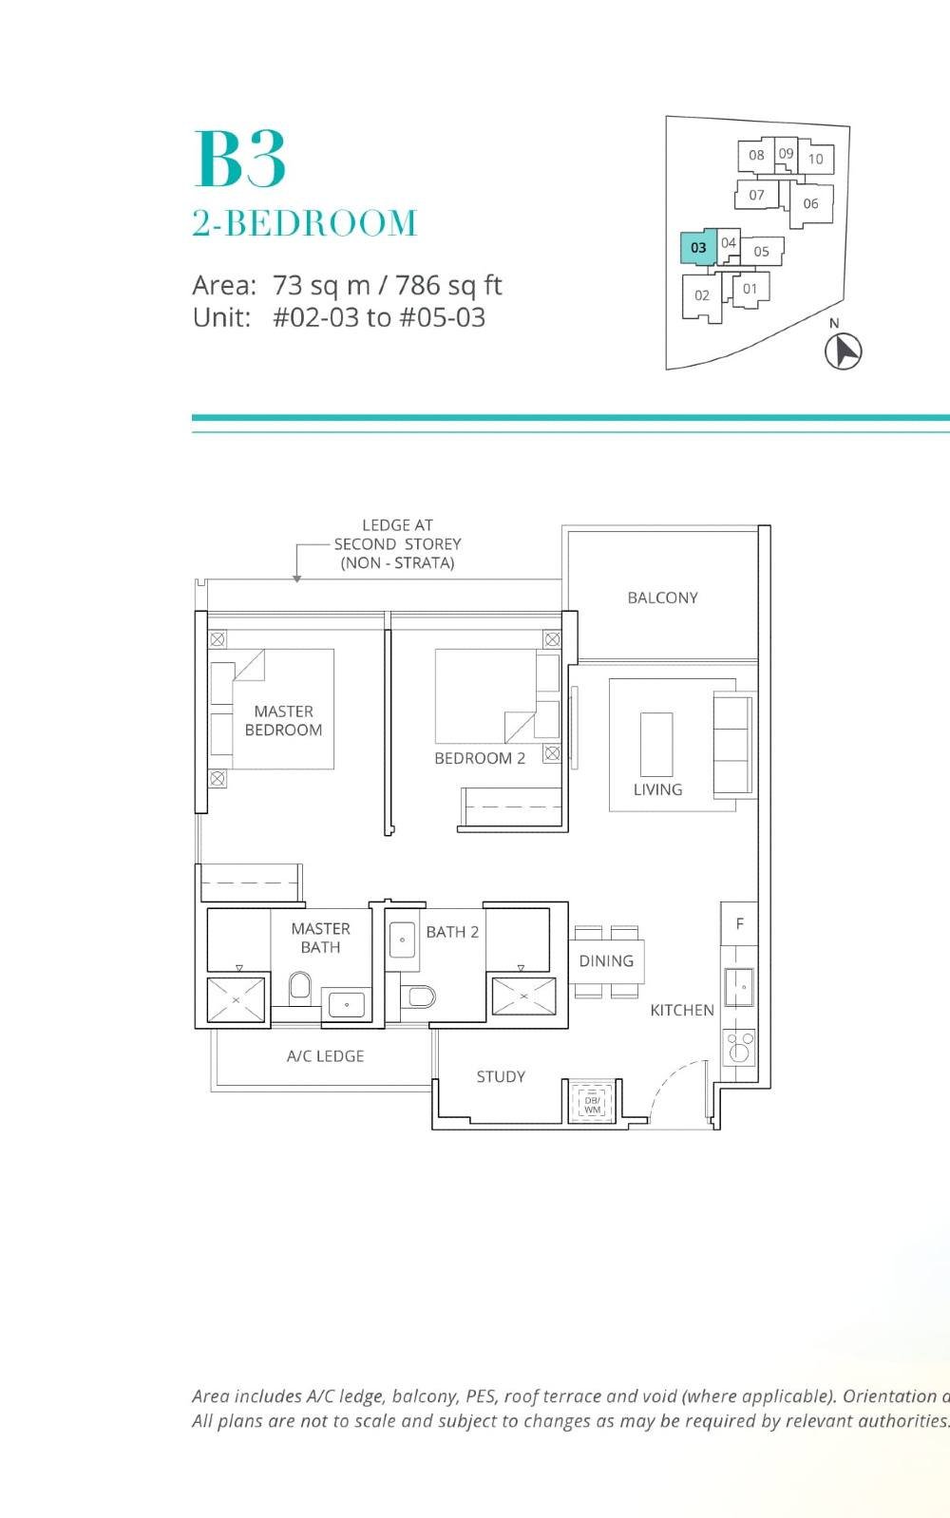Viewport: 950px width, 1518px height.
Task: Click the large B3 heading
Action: [x=239, y=161]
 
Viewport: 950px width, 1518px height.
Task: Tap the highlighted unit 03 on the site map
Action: [x=698, y=247]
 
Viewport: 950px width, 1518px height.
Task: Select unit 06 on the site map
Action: [x=810, y=203]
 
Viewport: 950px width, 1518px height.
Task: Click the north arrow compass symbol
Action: [x=842, y=351]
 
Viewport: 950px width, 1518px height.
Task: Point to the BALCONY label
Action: [x=662, y=598]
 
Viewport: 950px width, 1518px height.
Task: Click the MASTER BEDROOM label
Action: [x=283, y=720]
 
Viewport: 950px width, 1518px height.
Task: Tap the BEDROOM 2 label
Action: [x=480, y=758]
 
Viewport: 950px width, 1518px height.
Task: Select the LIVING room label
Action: [x=657, y=789]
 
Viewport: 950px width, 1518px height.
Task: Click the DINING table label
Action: [x=606, y=960]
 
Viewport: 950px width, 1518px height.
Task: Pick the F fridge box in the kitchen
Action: [x=739, y=923]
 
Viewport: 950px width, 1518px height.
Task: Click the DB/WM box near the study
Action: [x=592, y=1105]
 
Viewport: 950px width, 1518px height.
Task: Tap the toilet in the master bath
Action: [x=300, y=986]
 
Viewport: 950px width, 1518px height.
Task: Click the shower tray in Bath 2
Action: [x=522, y=997]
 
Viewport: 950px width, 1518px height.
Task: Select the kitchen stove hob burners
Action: [x=739, y=1047]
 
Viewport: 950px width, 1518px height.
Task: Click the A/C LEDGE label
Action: [x=325, y=1055]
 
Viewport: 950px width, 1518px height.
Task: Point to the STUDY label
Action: [x=501, y=1076]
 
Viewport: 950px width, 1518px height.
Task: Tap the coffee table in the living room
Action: [x=656, y=744]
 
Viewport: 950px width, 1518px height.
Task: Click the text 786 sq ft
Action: [x=448, y=285]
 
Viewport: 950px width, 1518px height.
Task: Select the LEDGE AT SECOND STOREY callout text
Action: [x=397, y=543]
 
